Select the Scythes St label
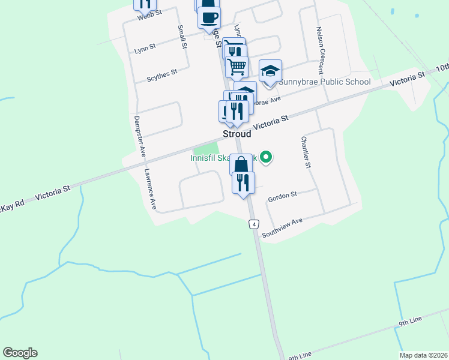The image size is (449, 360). [x=162, y=75]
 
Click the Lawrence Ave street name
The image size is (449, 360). [x=150, y=188]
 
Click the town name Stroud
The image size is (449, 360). [x=237, y=134]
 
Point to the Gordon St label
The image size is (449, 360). [x=283, y=195]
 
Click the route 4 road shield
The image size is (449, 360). [x=255, y=224]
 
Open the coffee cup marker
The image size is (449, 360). [x=209, y=18]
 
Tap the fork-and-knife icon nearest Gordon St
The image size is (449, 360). [x=243, y=182]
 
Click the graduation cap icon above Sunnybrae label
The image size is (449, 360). [x=270, y=71]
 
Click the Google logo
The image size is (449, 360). [x=20, y=353]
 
